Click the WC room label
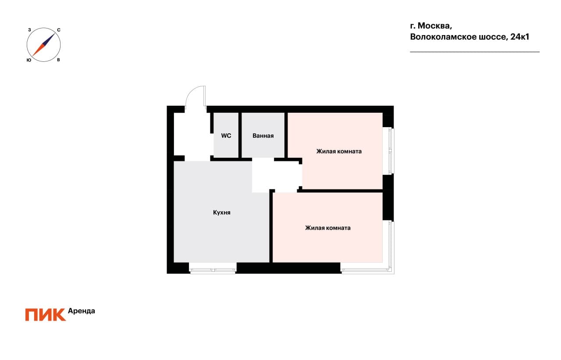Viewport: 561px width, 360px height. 226,136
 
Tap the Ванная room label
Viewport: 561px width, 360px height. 263,136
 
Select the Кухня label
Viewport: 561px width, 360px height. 222,212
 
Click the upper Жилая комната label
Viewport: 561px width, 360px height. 339,151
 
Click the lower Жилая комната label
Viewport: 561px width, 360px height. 328,228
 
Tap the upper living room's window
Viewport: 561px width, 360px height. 389,151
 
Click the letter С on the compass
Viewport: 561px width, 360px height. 59,30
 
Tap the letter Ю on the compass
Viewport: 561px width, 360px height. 29,60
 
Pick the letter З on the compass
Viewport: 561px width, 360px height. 29,30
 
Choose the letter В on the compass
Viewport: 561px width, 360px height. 58,60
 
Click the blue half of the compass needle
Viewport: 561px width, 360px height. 50,39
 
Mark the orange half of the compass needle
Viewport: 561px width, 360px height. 38,50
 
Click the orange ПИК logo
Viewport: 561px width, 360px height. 45,315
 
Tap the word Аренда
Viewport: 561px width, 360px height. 82,311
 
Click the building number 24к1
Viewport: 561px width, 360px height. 520,37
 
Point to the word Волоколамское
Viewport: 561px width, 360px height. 443,37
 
